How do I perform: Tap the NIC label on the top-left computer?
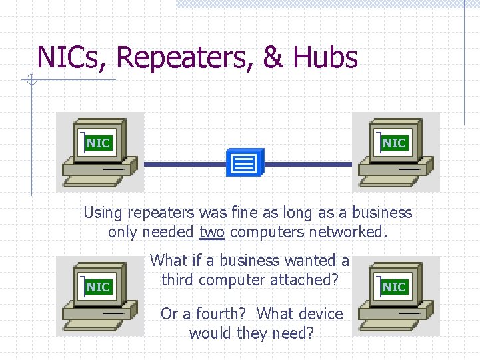click(98, 143)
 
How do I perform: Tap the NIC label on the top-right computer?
click(394, 143)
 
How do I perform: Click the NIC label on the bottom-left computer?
click(98, 287)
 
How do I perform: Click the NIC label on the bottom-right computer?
click(394, 287)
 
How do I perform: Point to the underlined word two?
click(212, 233)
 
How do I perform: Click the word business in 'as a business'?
click(382, 213)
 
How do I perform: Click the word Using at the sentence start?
click(102, 213)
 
